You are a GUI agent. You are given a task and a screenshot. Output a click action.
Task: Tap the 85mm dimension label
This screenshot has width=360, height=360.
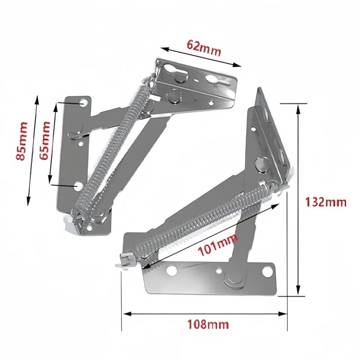(22, 141)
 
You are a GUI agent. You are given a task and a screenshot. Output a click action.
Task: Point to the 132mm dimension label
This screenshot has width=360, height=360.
(326, 202)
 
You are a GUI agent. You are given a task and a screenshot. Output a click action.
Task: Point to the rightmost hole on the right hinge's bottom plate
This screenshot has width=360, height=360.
(267, 270)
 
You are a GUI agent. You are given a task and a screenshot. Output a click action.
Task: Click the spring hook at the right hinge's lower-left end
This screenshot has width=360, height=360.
(124, 260)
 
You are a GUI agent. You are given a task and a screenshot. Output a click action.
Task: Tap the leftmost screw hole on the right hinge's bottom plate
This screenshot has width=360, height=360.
(171, 271)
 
